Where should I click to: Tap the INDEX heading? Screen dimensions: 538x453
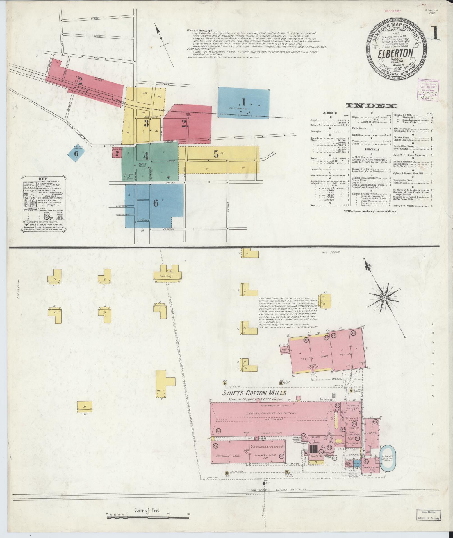click(371, 106)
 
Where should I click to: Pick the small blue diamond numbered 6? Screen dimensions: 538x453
click(76, 153)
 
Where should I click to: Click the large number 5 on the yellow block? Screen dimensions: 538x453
click(216, 154)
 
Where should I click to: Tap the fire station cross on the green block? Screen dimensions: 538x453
click(169, 177)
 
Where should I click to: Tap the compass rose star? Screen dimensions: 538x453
click(384, 297)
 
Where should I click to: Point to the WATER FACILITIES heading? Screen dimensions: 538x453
click(200, 31)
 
